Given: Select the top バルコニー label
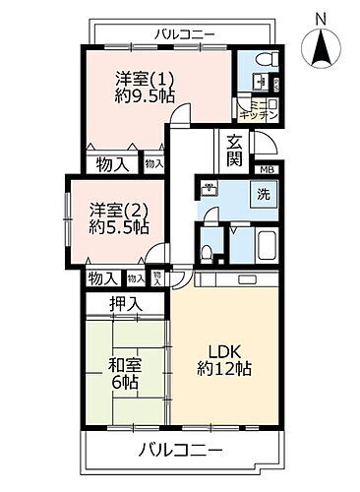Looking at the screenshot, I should pos(185,35).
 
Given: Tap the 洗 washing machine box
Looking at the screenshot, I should pos(264,195).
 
